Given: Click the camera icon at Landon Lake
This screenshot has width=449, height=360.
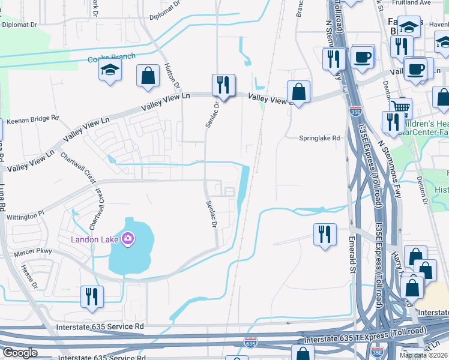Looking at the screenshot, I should (x=127, y=239).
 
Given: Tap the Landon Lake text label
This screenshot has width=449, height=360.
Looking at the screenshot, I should (x=96, y=239).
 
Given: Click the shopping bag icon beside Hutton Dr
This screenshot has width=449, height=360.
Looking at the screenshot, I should (x=148, y=76).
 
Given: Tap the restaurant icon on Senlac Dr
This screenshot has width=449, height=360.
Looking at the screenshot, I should (x=223, y=85).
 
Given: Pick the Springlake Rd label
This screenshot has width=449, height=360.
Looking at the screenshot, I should (x=320, y=137).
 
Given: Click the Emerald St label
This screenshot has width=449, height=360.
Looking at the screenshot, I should (x=352, y=255).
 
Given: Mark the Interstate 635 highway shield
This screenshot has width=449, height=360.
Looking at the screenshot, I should (x=251, y=343).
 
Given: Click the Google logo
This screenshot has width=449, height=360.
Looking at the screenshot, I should (x=21, y=352).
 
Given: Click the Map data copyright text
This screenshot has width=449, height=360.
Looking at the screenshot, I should (x=424, y=355).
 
